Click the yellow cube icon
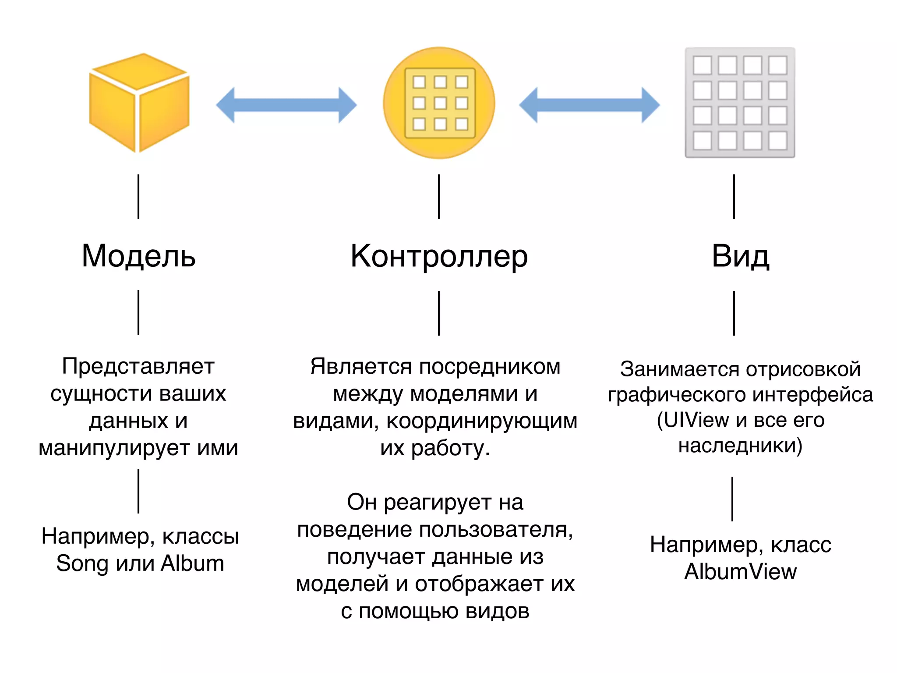(x=139, y=103)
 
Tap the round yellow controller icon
(x=439, y=103)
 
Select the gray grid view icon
(x=740, y=103)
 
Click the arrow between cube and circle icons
(x=286, y=105)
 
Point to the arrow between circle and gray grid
(x=589, y=105)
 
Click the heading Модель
(x=138, y=256)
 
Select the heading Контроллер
(x=439, y=257)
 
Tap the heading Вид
(x=740, y=256)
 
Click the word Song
(x=82, y=563)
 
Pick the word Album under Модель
(x=192, y=563)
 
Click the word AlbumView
(x=740, y=572)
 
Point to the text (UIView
(x=693, y=420)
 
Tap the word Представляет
(x=138, y=366)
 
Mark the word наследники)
(x=740, y=446)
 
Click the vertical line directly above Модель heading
(x=138, y=197)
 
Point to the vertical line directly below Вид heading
(x=734, y=313)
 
